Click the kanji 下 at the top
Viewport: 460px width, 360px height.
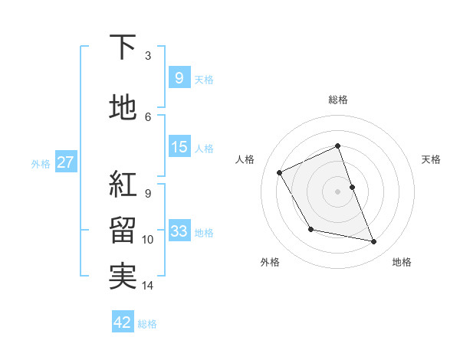click(x=123, y=48)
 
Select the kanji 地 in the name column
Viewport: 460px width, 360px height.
click(x=123, y=109)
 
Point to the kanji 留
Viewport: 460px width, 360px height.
click(x=123, y=230)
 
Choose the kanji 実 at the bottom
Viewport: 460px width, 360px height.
click(x=123, y=277)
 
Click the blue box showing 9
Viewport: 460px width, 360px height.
click(x=179, y=78)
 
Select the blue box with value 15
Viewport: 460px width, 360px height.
click(x=179, y=147)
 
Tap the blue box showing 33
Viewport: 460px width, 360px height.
click(x=179, y=231)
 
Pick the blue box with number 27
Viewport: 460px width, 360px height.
click(x=65, y=162)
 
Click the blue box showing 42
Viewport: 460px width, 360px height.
click(x=123, y=322)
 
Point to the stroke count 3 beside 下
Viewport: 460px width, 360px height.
click(x=148, y=55)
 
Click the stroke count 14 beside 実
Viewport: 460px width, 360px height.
click(x=148, y=286)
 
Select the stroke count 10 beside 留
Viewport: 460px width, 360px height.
click(x=148, y=240)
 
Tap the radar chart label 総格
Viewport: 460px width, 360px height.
click(x=338, y=100)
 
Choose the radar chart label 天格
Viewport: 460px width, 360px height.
click(x=431, y=159)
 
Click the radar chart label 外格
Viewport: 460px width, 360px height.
click(x=270, y=262)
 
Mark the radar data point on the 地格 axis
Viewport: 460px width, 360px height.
click(x=374, y=242)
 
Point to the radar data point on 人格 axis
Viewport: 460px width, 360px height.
click(x=280, y=172)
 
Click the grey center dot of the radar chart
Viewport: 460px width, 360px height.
click(x=338, y=191)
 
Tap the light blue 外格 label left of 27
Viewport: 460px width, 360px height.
click(x=41, y=163)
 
